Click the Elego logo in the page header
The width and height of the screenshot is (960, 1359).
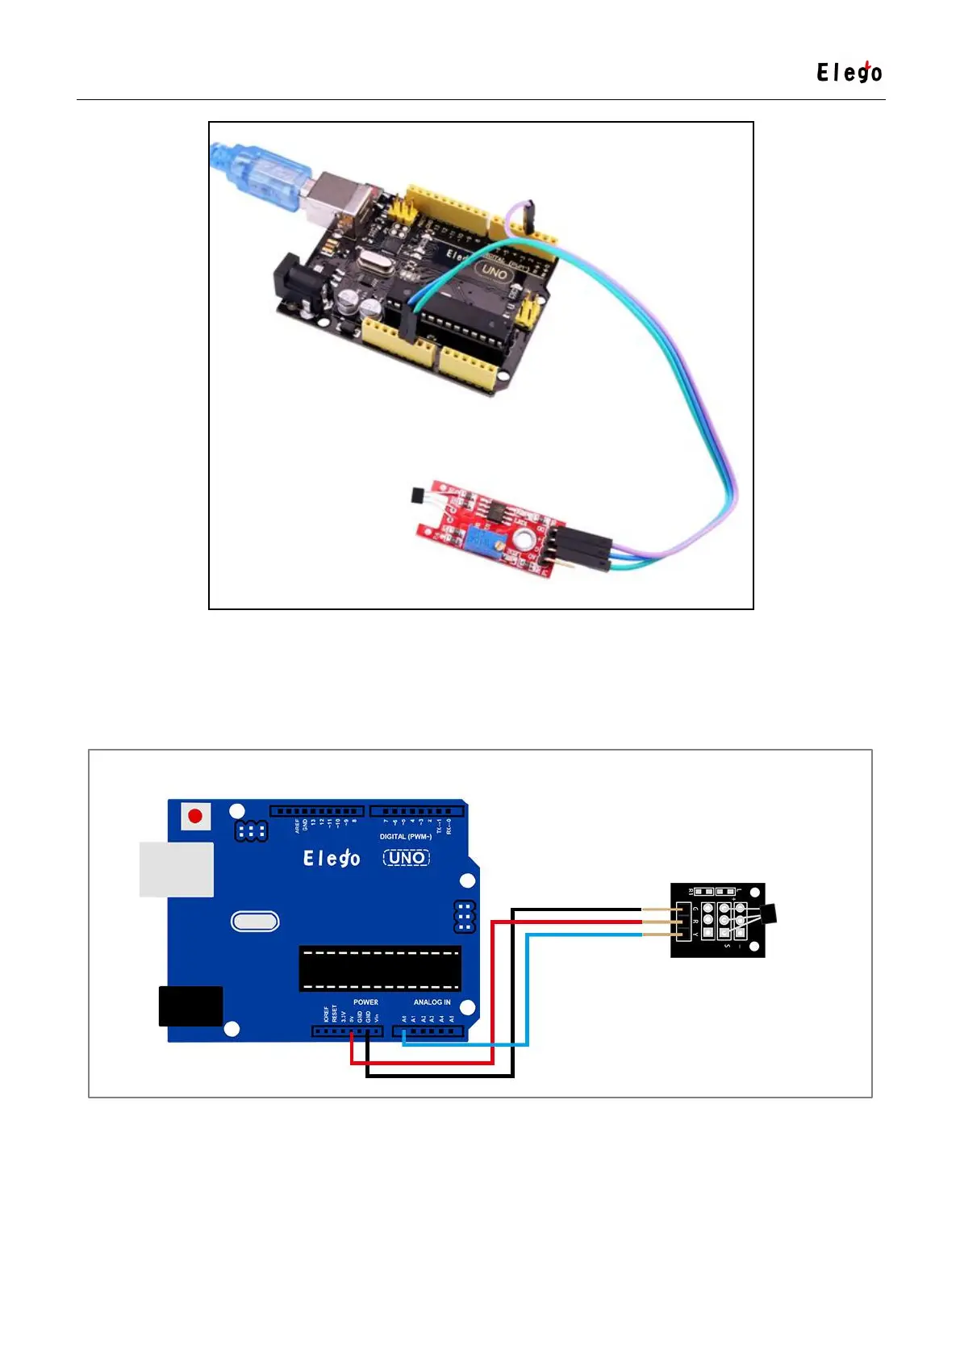[849, 73]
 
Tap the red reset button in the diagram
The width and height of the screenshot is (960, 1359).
[194, 816]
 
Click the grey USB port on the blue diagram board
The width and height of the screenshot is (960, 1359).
[177, 869]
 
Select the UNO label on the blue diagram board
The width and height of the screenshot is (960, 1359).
[407, 858]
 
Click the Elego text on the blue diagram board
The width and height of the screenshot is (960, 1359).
[332, 858]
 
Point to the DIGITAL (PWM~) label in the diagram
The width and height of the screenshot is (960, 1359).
[406, 837]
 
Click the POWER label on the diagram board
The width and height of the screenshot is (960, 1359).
[365, 1002]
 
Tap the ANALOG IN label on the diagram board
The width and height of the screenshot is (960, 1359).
[432, 1002]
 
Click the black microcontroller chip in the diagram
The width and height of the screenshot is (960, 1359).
[380, 968]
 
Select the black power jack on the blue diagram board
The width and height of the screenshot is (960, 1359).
[190, 1006]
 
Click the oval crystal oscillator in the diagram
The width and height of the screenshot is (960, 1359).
[255, 922]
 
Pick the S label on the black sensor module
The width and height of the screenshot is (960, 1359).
[728, 946]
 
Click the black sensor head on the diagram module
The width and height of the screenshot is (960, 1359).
[769, 914]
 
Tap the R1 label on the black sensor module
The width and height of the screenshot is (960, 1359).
[691, 892]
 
